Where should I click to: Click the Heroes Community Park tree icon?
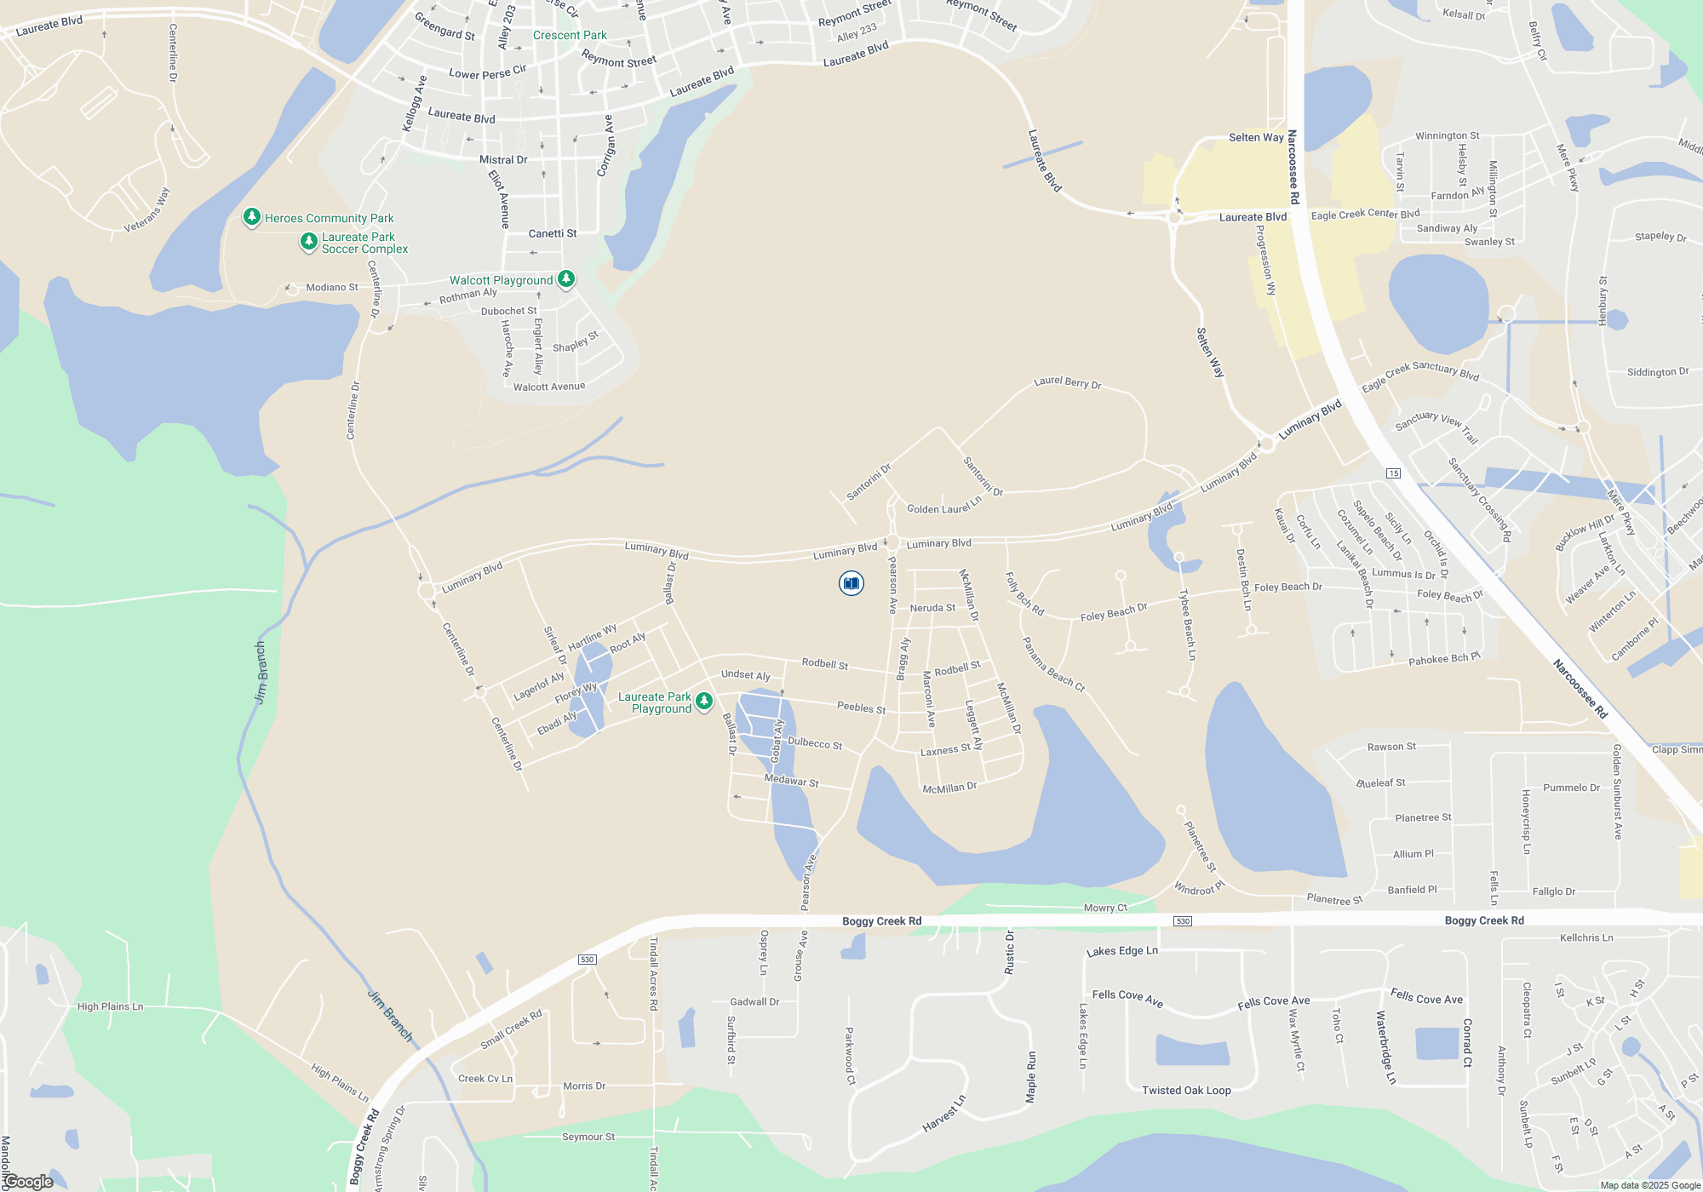pos(251,217)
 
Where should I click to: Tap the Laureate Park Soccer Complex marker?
pos(309,242)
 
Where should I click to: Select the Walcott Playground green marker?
pos(565,278)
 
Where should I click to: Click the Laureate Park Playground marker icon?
pos(703,701)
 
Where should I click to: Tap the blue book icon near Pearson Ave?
pos(851,583)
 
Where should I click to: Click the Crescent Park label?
pos(570,35)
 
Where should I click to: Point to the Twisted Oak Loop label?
pos(1186,1090)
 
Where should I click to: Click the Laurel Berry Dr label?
pos(1067,382)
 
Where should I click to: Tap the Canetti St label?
pos(553,233)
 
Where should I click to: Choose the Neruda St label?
pos(932,608)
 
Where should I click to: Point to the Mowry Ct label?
pos(1105,908)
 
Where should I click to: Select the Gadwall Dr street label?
pos(754,1002)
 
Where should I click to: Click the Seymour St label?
pos(588,1137)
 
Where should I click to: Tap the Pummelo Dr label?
pos(1571,788)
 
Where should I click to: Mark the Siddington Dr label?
pos(1657,372)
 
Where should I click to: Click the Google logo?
pos(29,1182)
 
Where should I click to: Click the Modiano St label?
pos(332,287)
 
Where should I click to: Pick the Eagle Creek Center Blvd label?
pos(1365,215)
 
